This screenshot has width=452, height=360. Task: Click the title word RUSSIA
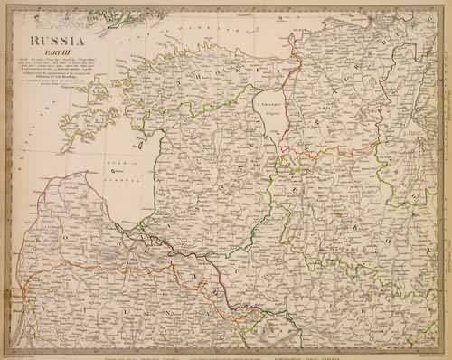(x=58, y=41)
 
